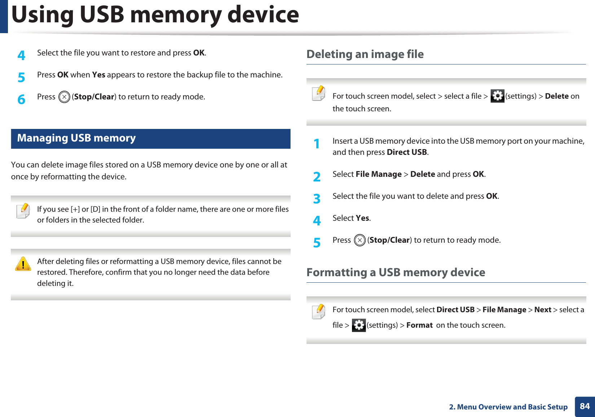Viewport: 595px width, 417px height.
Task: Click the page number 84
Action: [x=585, y=406]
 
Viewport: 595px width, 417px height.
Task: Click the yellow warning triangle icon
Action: [x=23, y=264]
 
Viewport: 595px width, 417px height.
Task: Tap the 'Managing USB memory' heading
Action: [x=76, y=138]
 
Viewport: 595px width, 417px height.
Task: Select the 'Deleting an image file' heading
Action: [x=365, y=54]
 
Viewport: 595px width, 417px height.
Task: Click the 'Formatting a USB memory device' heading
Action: [x=396, y=272]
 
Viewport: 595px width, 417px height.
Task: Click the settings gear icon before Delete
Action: [x=497, y=96]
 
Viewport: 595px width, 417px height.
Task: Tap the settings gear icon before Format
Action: [x=358, y=325]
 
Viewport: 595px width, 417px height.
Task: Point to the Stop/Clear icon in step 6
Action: [x=64, y=97]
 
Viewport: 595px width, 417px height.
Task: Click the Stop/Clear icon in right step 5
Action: [x=360, y=240]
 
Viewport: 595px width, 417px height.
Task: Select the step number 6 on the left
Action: [x=22, y=99]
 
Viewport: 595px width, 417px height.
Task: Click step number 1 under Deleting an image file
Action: [x=317, y=144]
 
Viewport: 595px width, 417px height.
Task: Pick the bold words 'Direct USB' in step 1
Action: [x=407, y=152]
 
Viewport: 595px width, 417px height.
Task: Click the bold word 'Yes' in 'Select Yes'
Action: [x=362, y=218]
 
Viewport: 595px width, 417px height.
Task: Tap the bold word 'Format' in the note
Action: [x=419, y=325]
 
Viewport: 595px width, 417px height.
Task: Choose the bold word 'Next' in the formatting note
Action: [x=543, y=310]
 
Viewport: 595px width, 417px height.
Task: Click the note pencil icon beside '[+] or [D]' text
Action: [x=23, y=211]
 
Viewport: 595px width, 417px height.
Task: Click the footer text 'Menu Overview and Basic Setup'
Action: [x=512, y=407]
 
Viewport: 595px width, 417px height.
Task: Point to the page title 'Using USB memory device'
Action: [x=155, y=15]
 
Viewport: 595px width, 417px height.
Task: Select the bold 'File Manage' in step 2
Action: [x=379, y=174]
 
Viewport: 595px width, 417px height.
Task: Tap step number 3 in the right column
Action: [x=317, y=199]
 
